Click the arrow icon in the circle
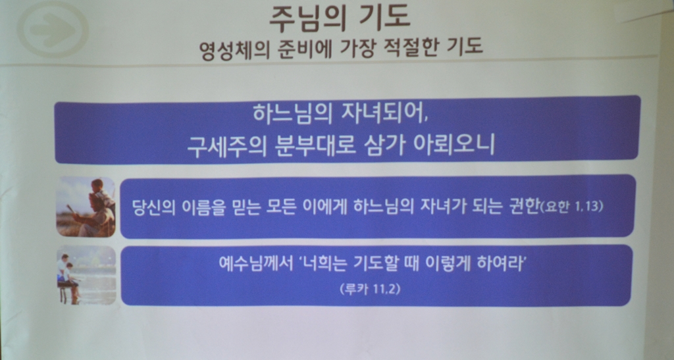point(53,29)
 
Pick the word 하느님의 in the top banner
point(292,115)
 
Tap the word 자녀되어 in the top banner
point(384,115)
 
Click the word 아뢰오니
point(454,145)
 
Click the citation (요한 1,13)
point(571,207)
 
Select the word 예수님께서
point(255,263)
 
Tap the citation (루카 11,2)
point(370,288)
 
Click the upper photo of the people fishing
point(86,207)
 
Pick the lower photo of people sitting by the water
point(87,275)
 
